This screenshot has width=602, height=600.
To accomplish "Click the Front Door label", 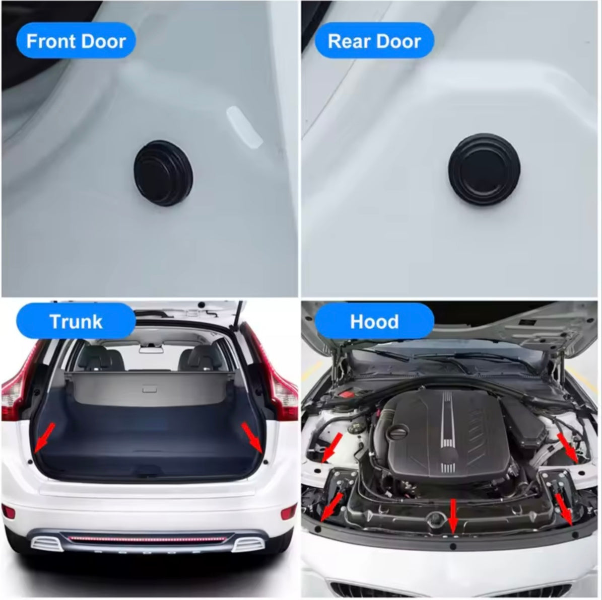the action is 76,41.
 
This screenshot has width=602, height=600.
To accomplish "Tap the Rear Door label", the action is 374,41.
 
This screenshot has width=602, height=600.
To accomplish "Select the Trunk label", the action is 76,321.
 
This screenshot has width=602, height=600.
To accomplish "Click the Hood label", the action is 374,321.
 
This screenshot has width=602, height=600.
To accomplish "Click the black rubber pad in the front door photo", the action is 164,173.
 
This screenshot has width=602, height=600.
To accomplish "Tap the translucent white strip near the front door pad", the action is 244,127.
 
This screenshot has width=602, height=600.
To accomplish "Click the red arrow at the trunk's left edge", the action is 44,438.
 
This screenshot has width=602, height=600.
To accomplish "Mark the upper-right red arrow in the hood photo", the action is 567,447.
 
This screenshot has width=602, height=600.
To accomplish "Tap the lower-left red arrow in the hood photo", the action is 331,507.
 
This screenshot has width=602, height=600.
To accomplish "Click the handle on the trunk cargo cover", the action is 149,390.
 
